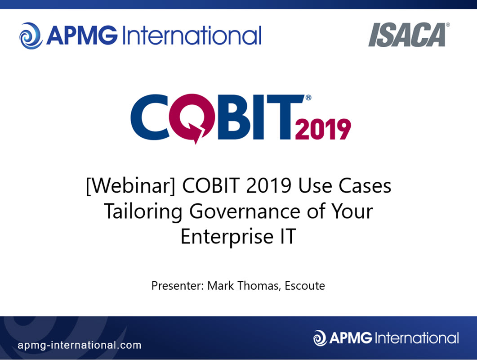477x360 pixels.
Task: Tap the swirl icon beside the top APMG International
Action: pos(31,36)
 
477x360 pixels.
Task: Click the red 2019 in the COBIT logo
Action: pos(323,129)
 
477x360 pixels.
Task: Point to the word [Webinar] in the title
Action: pos(130,185)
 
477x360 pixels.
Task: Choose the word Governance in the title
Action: pos(245,211)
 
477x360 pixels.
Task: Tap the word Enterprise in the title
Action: pos(227,237)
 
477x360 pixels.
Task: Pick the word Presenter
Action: pos(178,286)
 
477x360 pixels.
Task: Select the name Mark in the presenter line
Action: pos(221,286)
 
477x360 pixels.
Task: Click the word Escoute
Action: pos(305,286)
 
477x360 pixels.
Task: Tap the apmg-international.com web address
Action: pos(80,345)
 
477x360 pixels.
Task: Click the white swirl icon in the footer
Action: pos(320,338)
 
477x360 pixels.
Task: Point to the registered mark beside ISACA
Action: pos(448,25)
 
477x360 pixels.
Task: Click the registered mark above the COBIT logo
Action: pos(308,98)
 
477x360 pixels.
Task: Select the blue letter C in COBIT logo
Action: pos(149,117)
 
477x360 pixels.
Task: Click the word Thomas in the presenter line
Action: pos(259,286)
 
